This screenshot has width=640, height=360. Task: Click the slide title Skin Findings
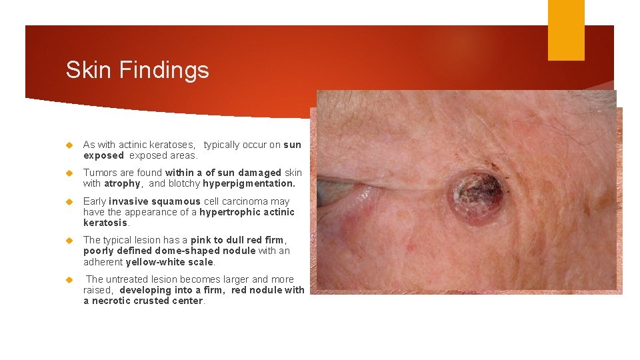coord(137,70)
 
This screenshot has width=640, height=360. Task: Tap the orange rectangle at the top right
coord(565,30)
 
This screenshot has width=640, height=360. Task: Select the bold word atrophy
coord(122,183)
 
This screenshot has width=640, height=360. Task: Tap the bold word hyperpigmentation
coord(249,183)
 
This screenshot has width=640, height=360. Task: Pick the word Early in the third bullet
coord(95,201)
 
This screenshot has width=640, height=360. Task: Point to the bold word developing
coord(147,290)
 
